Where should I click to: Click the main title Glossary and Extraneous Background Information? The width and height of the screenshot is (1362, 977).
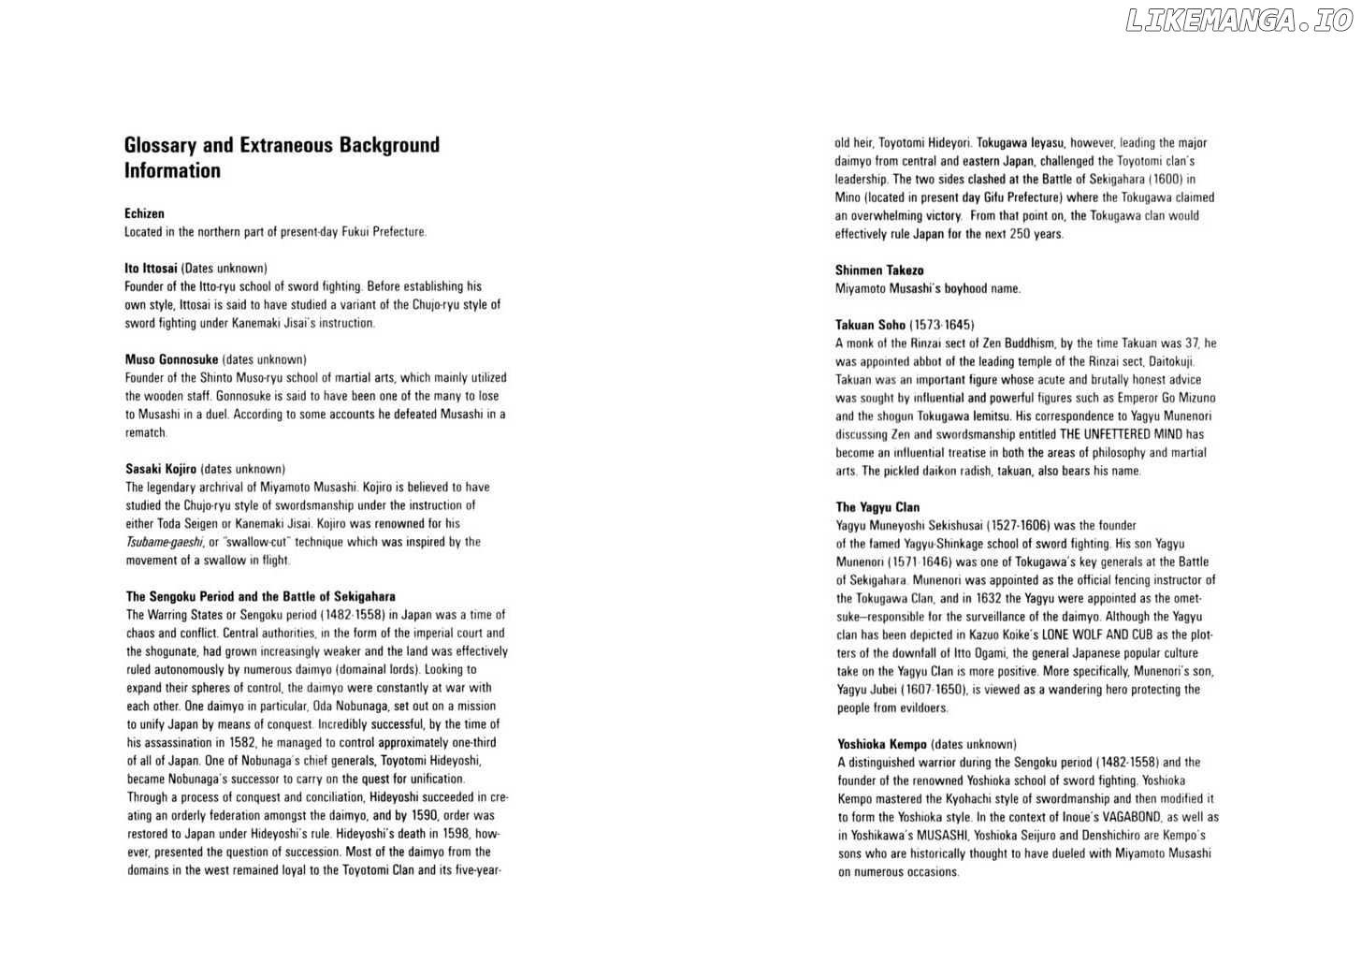pyautogui.click(x=282, y=157)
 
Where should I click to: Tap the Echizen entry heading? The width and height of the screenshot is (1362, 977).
pyautogui.click(x=144, y=213)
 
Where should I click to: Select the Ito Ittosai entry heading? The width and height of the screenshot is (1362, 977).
pyautogui.click(x=151, y=269)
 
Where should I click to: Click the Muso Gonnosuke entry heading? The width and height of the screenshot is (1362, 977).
pyautogui.click(x=171, y=359)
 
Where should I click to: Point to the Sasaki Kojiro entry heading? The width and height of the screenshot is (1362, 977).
pyautogui.click(x=161, y=469)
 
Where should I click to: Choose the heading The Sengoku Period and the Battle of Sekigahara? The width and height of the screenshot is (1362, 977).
pyautogui.click(x=260, y=596)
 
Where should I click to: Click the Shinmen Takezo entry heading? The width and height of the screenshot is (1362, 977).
pyautogui.click(x=879, y=270)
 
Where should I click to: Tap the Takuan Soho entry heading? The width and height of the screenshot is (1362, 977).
pyautogui.click(x=870, y=325)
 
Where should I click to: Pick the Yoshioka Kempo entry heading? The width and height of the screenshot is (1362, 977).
pyautogui.click(x=882, y=744)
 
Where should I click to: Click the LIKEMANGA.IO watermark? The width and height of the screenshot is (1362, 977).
pyautogui.click(x=1239, y=21)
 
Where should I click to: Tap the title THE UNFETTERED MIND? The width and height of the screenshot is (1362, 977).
pyautogui.click(x=1121, y=434)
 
